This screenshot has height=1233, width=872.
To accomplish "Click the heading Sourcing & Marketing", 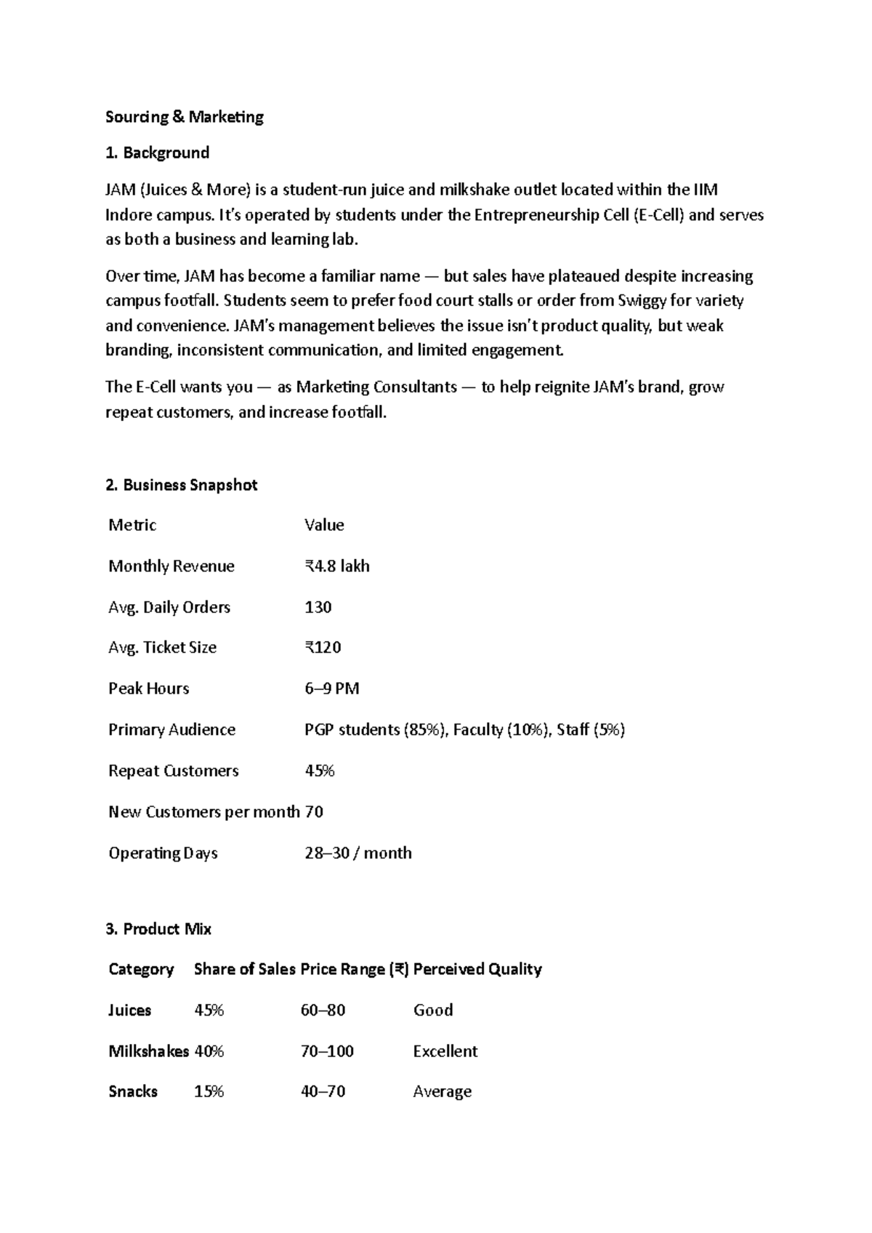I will tap(185, 117).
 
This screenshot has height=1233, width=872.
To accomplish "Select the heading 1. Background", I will tap(158, 153).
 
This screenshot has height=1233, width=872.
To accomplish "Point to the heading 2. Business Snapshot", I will tap(182, 485).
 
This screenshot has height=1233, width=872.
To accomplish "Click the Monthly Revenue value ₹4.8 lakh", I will tap(337, 566).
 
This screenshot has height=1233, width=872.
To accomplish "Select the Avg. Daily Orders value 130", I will tap(318, 607).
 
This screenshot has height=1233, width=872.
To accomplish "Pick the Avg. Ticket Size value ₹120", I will tap(323, 647).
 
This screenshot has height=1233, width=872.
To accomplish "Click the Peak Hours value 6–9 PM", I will tap(332, 688).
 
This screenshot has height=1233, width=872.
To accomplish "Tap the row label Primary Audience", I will tap(171, 730).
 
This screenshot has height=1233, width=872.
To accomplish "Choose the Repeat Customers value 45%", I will tap(320, 771).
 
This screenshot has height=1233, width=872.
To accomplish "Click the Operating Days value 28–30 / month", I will tap(358, 853).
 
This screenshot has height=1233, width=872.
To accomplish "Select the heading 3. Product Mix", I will tap(159, 929).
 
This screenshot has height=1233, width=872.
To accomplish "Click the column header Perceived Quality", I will tap(477, 969).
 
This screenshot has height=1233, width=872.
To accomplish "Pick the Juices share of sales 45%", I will tap(209, 1011).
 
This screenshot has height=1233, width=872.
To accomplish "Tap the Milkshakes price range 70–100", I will tap(327, 1051).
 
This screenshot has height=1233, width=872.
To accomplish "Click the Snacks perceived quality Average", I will tap(443, 1092).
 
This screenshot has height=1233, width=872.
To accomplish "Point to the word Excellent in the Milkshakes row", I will tap(445, 1051).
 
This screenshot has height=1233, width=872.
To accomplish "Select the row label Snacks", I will tap(133, 1092).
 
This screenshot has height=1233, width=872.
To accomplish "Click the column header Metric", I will tap(132, 525).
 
